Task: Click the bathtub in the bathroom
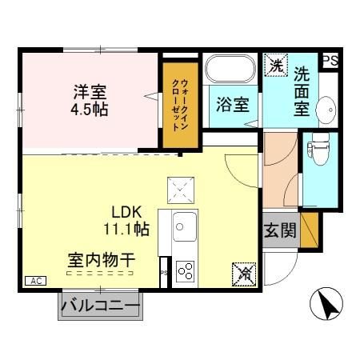(232, 69)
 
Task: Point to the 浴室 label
(233, 105)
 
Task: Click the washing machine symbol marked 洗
(276, 64)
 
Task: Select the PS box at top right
(330, 60)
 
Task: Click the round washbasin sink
(326, 108)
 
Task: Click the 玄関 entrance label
(280, 232)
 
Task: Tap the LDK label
(126, 212)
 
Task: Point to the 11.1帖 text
(126, 229)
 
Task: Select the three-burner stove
(186, 270)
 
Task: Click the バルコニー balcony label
(100, 307)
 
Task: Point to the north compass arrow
(326, 305)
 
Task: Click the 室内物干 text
(100, 260)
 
